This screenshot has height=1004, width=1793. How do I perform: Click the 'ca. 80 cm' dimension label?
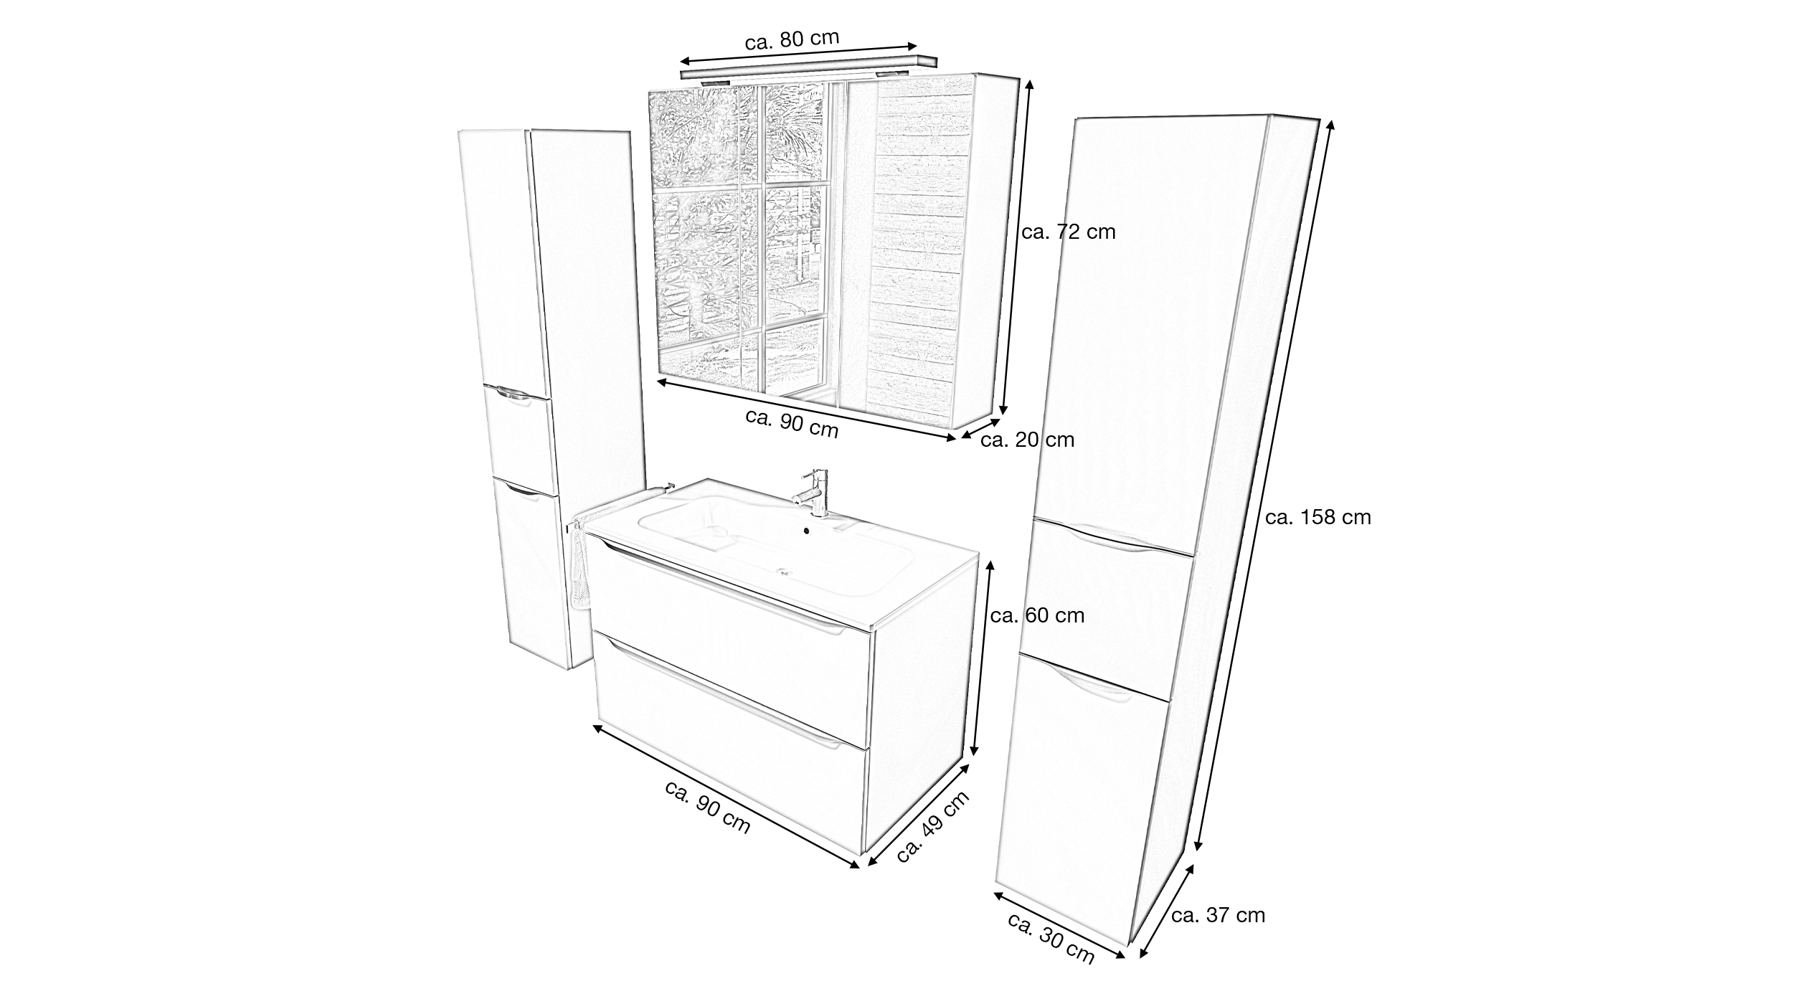tap(792, 39)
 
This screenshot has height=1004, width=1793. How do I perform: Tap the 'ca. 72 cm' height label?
tap(1069, 232)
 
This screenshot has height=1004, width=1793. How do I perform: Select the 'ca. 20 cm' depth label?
tap(1027, 440)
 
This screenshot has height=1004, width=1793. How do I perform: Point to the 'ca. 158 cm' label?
tap(1318, 517)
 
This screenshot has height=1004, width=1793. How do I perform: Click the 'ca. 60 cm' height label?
tap(1037, 615)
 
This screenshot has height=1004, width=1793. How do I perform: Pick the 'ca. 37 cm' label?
tap(1218, 915)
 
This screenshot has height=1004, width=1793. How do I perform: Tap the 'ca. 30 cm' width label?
tap(1051, 948)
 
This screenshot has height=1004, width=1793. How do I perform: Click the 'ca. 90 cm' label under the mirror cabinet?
tap(792, 423)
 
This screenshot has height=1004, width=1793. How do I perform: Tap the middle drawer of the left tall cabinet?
tap(519, 438)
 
